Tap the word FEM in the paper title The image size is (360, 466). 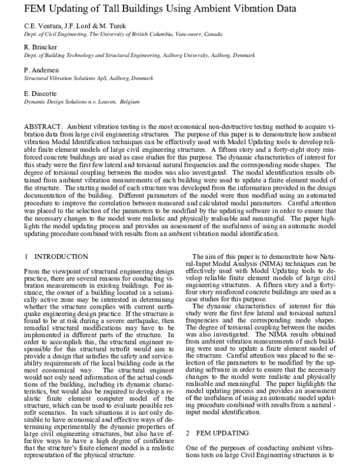point(37,8)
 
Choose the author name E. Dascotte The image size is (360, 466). point(41,94)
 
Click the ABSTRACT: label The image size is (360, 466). point(44,129)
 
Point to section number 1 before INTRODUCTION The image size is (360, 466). point(26,256)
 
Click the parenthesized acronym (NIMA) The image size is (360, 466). point(265,263)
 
